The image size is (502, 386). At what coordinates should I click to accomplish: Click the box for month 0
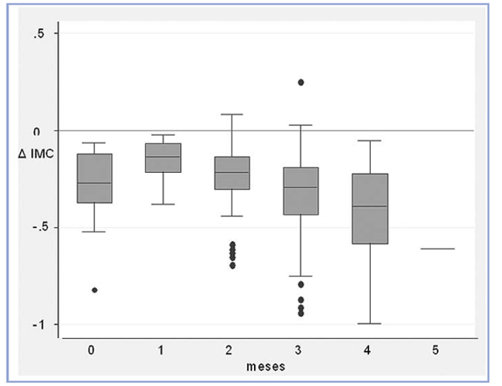pyautogui.click(x=93, y=178)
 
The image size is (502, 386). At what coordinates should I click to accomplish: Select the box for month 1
pyautogui.click(x=162, y=157)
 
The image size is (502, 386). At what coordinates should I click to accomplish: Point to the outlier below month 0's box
pyautogui.click(x=93, y=289)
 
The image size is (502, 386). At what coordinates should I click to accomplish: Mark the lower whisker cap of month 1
pyautogui.click(x=162, y=204)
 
